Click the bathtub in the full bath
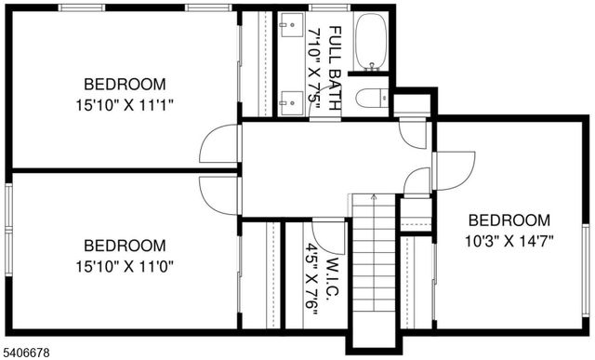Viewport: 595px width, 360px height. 371,42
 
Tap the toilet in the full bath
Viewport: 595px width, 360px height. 373,97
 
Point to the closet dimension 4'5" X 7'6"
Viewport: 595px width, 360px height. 311,280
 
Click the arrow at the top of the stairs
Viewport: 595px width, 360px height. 374,197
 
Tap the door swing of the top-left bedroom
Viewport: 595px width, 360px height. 219,143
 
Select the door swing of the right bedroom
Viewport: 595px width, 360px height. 455,169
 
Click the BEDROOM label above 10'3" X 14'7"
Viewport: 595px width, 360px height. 509,220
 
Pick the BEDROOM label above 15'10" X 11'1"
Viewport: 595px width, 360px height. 126,83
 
